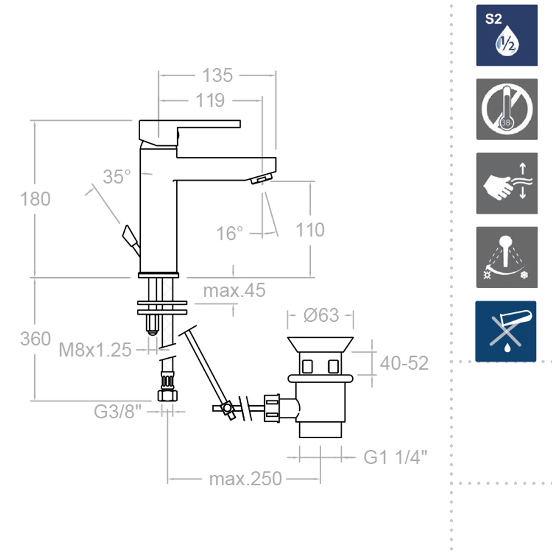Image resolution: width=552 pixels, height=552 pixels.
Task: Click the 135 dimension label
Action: tap(217, 75)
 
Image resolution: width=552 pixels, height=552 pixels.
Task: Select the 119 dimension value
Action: tap(210, 100)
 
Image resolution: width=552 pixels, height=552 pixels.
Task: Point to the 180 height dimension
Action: tap(35, 199)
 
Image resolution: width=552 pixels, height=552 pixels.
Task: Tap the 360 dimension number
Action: tap(35, 339)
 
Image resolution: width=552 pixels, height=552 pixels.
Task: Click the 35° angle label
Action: tap(117, 177)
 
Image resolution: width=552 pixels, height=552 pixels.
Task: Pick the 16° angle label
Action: tap(230, 233)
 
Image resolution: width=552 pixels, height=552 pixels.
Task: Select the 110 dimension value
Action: tap(310, 230)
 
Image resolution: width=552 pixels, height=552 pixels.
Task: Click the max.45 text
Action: tap(235, 290)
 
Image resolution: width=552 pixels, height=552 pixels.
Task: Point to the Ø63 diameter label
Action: tap(321, 315)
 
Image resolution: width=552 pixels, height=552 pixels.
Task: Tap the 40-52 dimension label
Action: tap(404, 363)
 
